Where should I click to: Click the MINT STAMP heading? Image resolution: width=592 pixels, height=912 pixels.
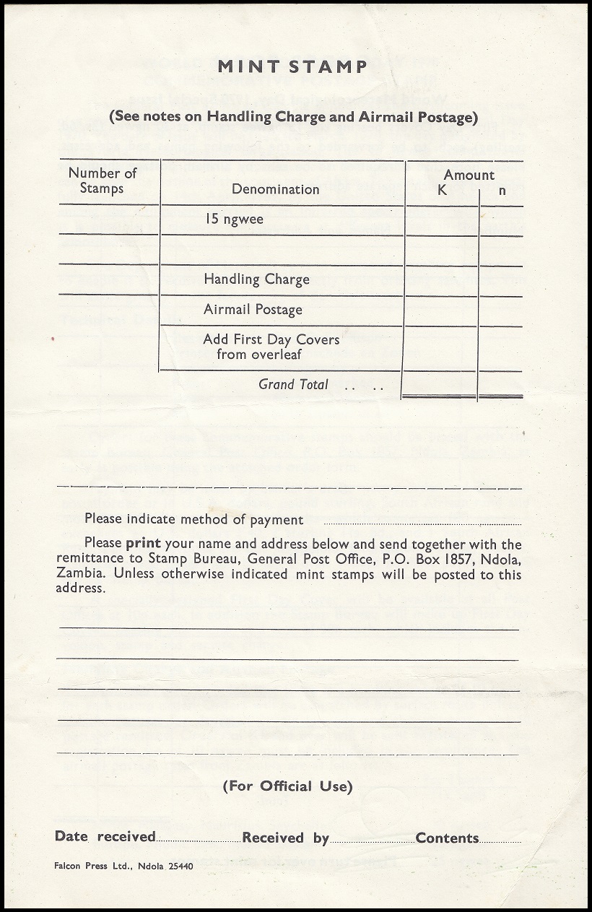click(x=292, y=67)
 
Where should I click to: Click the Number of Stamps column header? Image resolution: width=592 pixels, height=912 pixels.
click(x=102, y=181)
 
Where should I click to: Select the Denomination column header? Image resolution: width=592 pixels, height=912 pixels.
click(x=275, y=189)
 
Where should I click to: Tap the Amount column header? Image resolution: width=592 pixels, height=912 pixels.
click(x=469, y=175)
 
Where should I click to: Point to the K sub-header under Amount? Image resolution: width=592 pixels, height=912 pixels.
click(x=443, y=191)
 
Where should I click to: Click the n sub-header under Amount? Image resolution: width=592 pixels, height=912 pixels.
click(x=502, y=191)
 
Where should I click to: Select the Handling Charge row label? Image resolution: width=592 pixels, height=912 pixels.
click(x=256, y=279)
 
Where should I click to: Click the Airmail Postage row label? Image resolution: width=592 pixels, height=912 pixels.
click(x=253, y=310)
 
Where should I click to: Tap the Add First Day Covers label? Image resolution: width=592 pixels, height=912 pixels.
click(x=271, y=347)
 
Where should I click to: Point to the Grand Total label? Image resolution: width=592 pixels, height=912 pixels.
click(x=293, y=385)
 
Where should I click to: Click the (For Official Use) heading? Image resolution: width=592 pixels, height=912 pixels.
click(x=287, y=786)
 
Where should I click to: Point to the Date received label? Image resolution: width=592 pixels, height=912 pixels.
click(x=105, y=837)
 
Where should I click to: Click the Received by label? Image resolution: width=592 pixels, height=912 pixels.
click(x=285, y=838)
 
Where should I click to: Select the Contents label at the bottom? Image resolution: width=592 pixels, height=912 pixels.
click(x=447, y=838)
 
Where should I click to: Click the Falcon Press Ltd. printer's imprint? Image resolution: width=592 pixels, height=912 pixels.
click(x=123, y=866)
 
